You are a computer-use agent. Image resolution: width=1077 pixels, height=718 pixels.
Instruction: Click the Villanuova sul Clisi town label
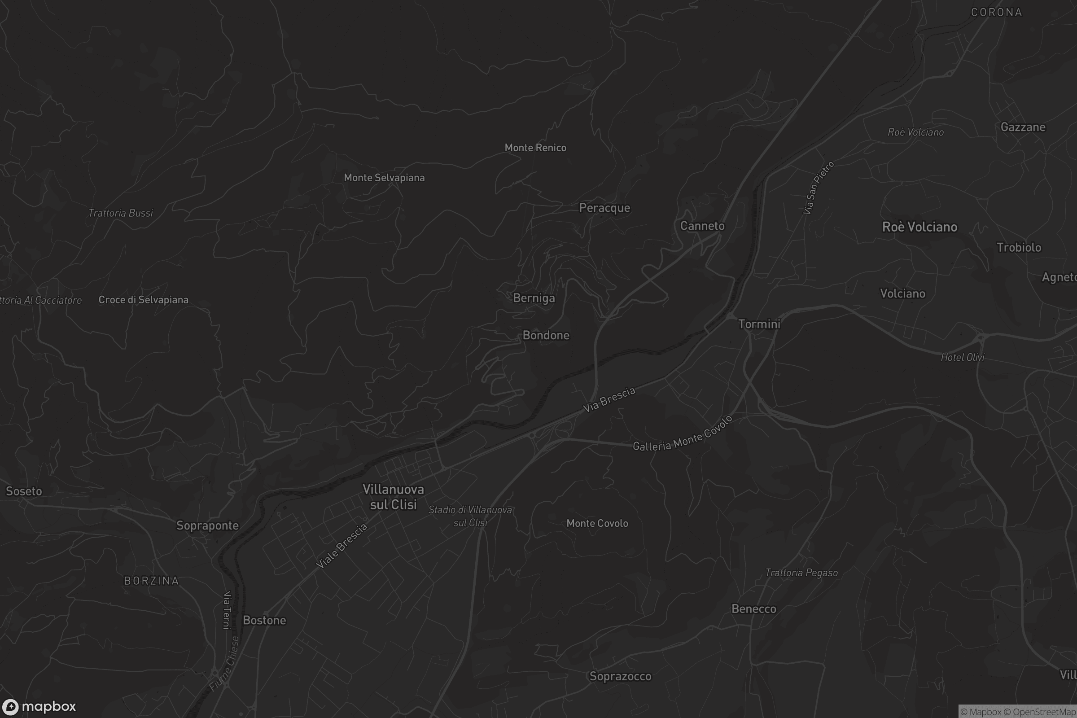[x=393, y=497]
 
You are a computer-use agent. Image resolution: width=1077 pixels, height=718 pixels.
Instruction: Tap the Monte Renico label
[x=535, y=148]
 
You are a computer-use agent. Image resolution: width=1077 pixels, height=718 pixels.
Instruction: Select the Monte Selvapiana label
[x=384, y=178]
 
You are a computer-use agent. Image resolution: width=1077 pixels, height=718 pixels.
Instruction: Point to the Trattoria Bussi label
[x=120, y=213]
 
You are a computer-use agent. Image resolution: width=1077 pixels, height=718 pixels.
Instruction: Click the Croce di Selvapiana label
[x=143, y=300]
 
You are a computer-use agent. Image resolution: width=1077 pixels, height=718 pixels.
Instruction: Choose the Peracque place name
[x=604, y=208]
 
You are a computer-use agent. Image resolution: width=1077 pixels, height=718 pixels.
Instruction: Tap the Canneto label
[x=702, y=226]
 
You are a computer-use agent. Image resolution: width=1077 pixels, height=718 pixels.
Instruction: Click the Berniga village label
[x=534, y=298]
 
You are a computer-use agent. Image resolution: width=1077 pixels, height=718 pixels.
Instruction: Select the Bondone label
[x=546, y=335]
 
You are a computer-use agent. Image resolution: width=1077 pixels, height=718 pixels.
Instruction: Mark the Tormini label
[x=759, y=324]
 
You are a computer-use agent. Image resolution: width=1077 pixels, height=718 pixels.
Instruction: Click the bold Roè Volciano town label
[x=919, y=227]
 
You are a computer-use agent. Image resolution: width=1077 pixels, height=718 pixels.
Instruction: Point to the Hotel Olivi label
[x=963, y=357]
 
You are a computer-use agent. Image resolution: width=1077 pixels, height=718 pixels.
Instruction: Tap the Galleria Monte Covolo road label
[x=682, y=434]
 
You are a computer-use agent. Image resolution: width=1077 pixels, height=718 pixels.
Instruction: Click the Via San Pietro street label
[x=818, y=188]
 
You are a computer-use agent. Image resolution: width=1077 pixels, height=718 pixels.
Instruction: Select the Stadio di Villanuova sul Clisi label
[x=470, y=516]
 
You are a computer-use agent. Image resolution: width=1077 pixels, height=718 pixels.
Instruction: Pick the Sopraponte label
[x=207, y=525]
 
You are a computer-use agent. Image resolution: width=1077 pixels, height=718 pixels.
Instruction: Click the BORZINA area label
[x=152, y=581]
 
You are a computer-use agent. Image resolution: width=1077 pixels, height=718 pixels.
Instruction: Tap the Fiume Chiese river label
[x=224, y=664]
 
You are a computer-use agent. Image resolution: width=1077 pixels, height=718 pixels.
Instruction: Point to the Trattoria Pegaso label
[x=801, y=573]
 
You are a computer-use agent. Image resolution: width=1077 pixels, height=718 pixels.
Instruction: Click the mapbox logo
[x=39, y=706]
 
